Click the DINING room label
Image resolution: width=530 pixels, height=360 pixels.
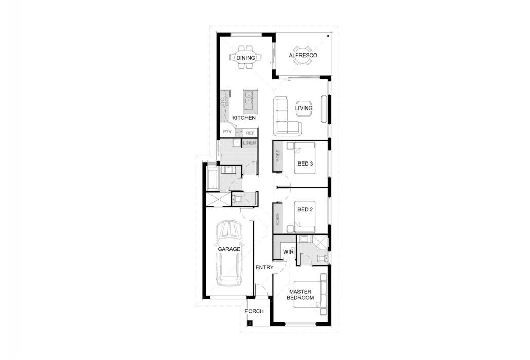245,58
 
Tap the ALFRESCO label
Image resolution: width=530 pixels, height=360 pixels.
303,55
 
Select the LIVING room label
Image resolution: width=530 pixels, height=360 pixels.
304,108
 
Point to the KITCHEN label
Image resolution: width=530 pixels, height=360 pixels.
244,118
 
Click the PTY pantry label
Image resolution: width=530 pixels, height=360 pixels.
227,131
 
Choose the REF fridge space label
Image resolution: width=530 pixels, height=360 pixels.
250,133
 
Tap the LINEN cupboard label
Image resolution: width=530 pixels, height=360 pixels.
250,143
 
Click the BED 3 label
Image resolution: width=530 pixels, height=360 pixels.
305,164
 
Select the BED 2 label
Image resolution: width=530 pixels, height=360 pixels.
305,210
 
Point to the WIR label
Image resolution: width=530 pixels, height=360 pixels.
288,252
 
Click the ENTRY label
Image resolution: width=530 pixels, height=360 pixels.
264,268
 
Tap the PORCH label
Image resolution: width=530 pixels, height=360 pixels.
254,311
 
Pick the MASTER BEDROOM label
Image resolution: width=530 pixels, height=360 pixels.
300,295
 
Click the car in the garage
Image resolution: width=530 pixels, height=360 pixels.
229,253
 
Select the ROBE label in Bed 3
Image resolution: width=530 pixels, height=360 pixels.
278,156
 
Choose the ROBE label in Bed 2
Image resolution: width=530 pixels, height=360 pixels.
278,219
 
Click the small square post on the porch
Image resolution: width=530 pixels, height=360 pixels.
250,323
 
